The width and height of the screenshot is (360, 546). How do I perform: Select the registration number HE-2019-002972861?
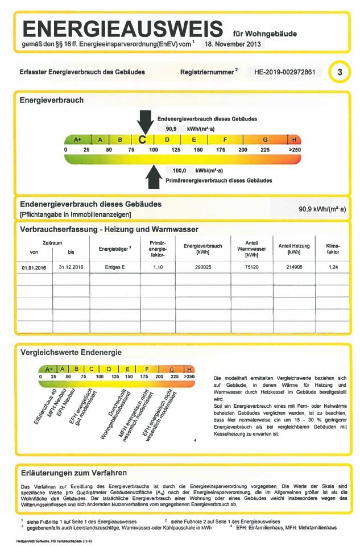pyautogui.click(x=288, y=72)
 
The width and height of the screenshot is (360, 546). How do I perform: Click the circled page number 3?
pyautogui.click(x=341, y=73)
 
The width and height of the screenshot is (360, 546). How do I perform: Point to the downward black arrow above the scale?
pyautogui.click(x=145, y=122)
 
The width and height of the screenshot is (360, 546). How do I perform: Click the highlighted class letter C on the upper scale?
pyautogui.click(x=143, y=139)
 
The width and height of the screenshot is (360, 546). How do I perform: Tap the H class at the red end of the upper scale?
pyautogui.click(x=293, y=139)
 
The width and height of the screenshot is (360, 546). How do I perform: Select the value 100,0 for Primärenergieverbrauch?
pyautogui.click(x=180, y=170)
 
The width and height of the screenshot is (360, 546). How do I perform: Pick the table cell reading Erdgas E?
pyautogui.click(x=114, y=266)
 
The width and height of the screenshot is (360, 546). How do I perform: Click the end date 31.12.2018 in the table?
pyautogui.click(x=71, y=266)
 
